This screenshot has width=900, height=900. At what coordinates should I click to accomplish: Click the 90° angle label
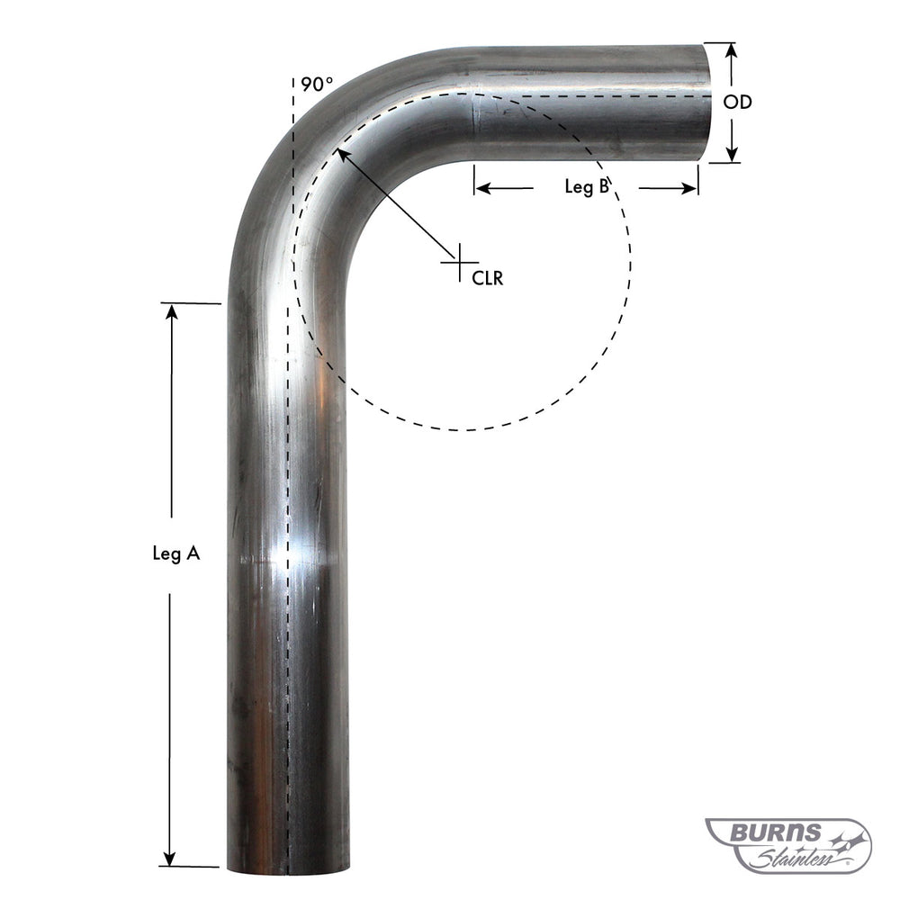(317, 85)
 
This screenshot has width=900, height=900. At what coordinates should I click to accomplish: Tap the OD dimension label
(737, 103)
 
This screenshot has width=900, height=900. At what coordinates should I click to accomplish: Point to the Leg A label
(175, 555)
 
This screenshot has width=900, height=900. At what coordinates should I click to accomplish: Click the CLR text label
(487, 278)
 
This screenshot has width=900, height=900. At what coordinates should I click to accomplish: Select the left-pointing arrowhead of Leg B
(481, 188)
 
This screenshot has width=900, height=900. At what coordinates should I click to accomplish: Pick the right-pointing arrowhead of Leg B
(690, 188)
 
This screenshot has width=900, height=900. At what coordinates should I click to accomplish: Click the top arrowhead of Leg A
(169, 312)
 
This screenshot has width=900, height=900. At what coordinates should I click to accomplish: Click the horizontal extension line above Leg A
(189, 303)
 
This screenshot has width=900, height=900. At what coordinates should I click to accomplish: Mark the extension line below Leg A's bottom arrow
(189, 867)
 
